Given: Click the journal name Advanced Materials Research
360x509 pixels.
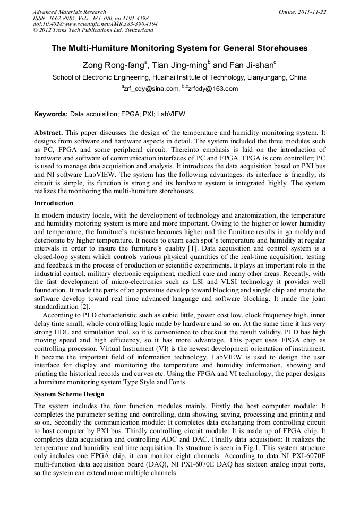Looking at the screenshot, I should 69,12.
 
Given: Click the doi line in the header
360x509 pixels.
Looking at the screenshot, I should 95,24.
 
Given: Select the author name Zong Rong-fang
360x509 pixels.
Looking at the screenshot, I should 113,66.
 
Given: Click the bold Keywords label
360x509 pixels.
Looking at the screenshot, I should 51,114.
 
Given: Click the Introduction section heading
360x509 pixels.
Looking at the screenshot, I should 54,203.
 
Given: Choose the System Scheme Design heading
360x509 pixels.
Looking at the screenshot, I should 69,394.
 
